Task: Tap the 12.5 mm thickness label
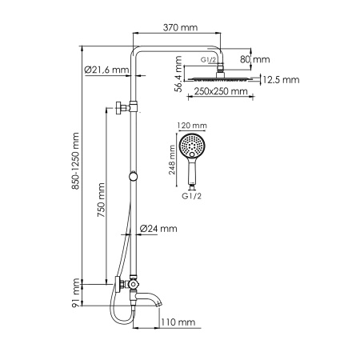280,79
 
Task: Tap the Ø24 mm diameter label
158,229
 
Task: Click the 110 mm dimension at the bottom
178,322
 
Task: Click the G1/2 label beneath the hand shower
191,194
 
